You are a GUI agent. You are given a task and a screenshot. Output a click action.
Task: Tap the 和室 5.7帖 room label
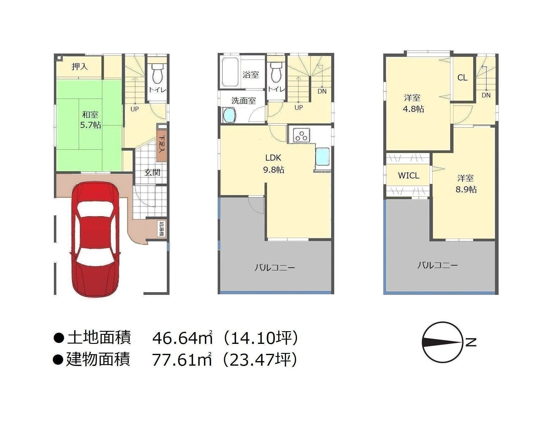coord(90,120)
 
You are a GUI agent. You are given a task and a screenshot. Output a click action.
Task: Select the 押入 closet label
coord(80,67)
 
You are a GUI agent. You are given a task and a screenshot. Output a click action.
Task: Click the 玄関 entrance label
coord(152,172)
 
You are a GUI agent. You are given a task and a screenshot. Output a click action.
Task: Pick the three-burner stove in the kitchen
coord(301,135)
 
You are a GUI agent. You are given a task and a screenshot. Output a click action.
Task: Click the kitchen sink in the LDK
coord(323,157)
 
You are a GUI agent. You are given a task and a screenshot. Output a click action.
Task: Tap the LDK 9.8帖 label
coord(273,164)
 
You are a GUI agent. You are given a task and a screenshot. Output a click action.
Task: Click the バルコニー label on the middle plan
coord(275,268)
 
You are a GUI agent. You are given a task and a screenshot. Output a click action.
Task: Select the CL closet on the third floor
coord(462,78)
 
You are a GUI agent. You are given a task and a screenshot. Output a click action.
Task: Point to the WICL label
coord(408,176)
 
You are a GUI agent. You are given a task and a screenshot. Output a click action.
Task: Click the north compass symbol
coord(443,342)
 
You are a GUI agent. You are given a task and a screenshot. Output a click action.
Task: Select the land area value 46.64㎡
coord(183,338)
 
